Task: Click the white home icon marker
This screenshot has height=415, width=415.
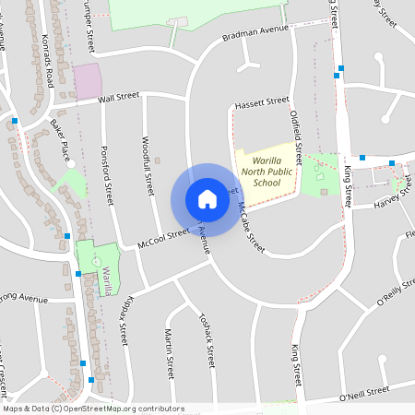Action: point(207,199)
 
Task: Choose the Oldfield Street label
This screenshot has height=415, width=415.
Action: point(297,133)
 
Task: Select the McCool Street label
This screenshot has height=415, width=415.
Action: point(162,238)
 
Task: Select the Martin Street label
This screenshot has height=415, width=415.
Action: point(169,353)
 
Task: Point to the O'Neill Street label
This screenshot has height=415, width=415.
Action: point(365,394)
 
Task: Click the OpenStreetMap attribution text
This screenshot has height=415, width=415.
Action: point(92,409)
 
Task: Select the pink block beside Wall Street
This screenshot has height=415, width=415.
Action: point(87,81)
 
